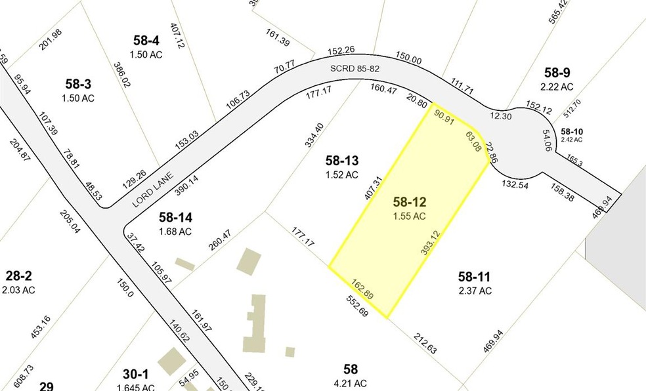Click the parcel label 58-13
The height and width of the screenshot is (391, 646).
pos(342,161)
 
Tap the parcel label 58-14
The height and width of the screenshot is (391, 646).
pos(175,217)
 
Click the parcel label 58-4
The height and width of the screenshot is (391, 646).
pos(146,41)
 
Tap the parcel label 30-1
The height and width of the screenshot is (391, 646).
pos(135,374)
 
